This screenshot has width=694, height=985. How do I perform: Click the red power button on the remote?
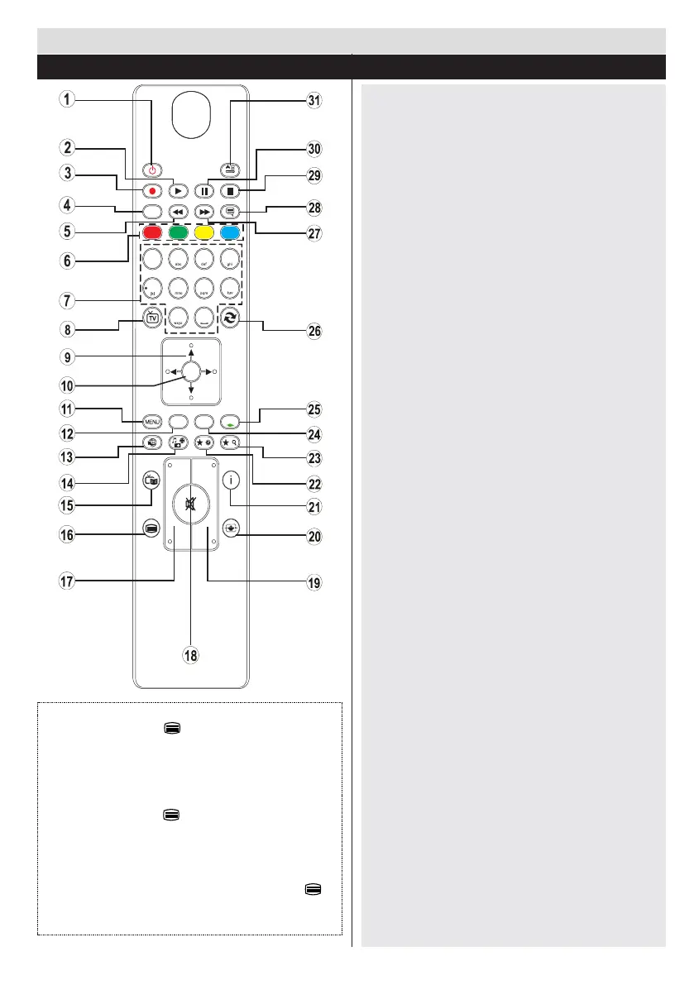(152, 171)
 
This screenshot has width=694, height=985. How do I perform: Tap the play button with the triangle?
(178, 189)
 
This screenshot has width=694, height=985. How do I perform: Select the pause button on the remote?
(203, 189)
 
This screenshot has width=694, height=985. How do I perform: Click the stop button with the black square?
(230, 189)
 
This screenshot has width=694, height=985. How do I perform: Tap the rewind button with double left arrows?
(178, 212)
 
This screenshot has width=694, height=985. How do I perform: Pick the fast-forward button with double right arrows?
(203, 212)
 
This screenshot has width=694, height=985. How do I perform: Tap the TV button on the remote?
(152, 323)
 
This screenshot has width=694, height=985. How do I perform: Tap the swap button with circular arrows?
(230, 323)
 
